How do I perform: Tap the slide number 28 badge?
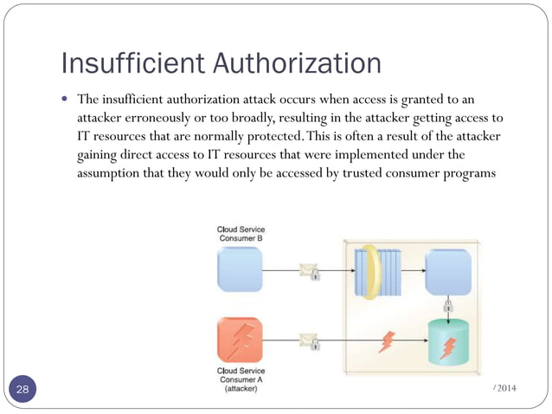coord(22,390)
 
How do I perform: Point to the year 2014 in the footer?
coord(506,385)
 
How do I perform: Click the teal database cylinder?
coord(448,344)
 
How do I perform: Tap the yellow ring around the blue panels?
coord(371,271)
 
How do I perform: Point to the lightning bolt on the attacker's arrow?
coord(388,341)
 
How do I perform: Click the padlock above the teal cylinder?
coord(448,307)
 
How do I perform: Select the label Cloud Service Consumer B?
coord(240,234)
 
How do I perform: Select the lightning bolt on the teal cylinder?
coord(448,347)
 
